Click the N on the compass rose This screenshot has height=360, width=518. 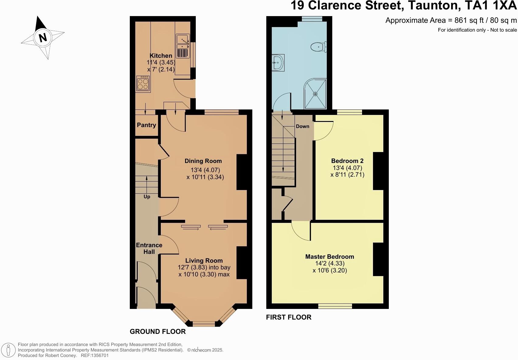click(43, 37)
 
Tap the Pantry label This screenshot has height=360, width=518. click(146, 125)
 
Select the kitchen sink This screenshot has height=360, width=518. click(182, 46)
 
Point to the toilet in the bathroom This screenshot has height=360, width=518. click(318, 47)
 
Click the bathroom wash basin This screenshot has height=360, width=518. click(278, 63)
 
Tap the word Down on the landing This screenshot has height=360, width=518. click(302, 126)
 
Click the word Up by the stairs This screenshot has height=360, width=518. click(147, 197)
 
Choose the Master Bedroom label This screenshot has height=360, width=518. click(330, 257)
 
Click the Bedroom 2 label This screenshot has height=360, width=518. click(347, 161)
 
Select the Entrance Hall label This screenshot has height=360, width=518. click(149, 248)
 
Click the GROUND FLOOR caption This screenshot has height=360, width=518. click(157, 331)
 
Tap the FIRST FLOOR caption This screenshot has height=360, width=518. click(288, 317)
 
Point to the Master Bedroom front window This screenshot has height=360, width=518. click(335, 306)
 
